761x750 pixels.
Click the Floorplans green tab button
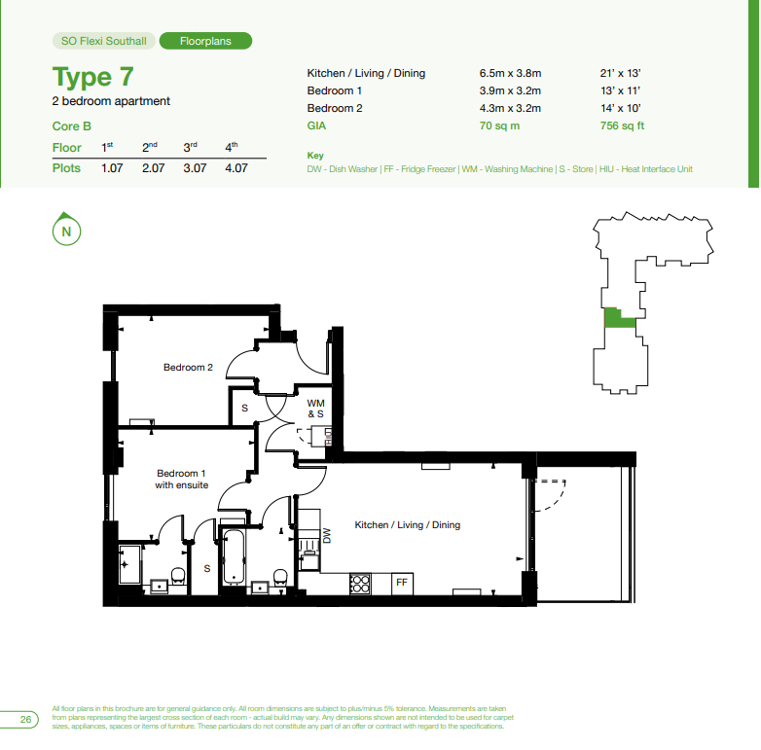(205, 41)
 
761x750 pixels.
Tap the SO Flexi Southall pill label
(103, 41)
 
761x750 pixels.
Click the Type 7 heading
(92, 77)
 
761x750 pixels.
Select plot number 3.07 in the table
(195, 168)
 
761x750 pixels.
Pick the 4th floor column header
(232, 147)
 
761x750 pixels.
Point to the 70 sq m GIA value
(499, 125)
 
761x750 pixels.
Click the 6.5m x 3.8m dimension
(510, 73)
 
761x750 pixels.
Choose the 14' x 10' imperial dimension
(620, 108)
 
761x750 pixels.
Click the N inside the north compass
(66, 232)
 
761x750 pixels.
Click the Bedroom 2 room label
(188, 368)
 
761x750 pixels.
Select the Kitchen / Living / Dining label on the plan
(407, 525)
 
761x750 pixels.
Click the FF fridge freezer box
(402, 583)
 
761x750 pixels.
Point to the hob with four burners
(360, 584)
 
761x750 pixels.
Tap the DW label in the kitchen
(327, 536)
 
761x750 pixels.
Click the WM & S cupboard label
(315, 409)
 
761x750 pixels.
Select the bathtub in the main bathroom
(234, 556)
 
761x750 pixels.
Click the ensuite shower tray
(130, 564)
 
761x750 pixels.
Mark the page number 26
(25, 719)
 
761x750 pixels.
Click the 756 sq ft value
(622, 125)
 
